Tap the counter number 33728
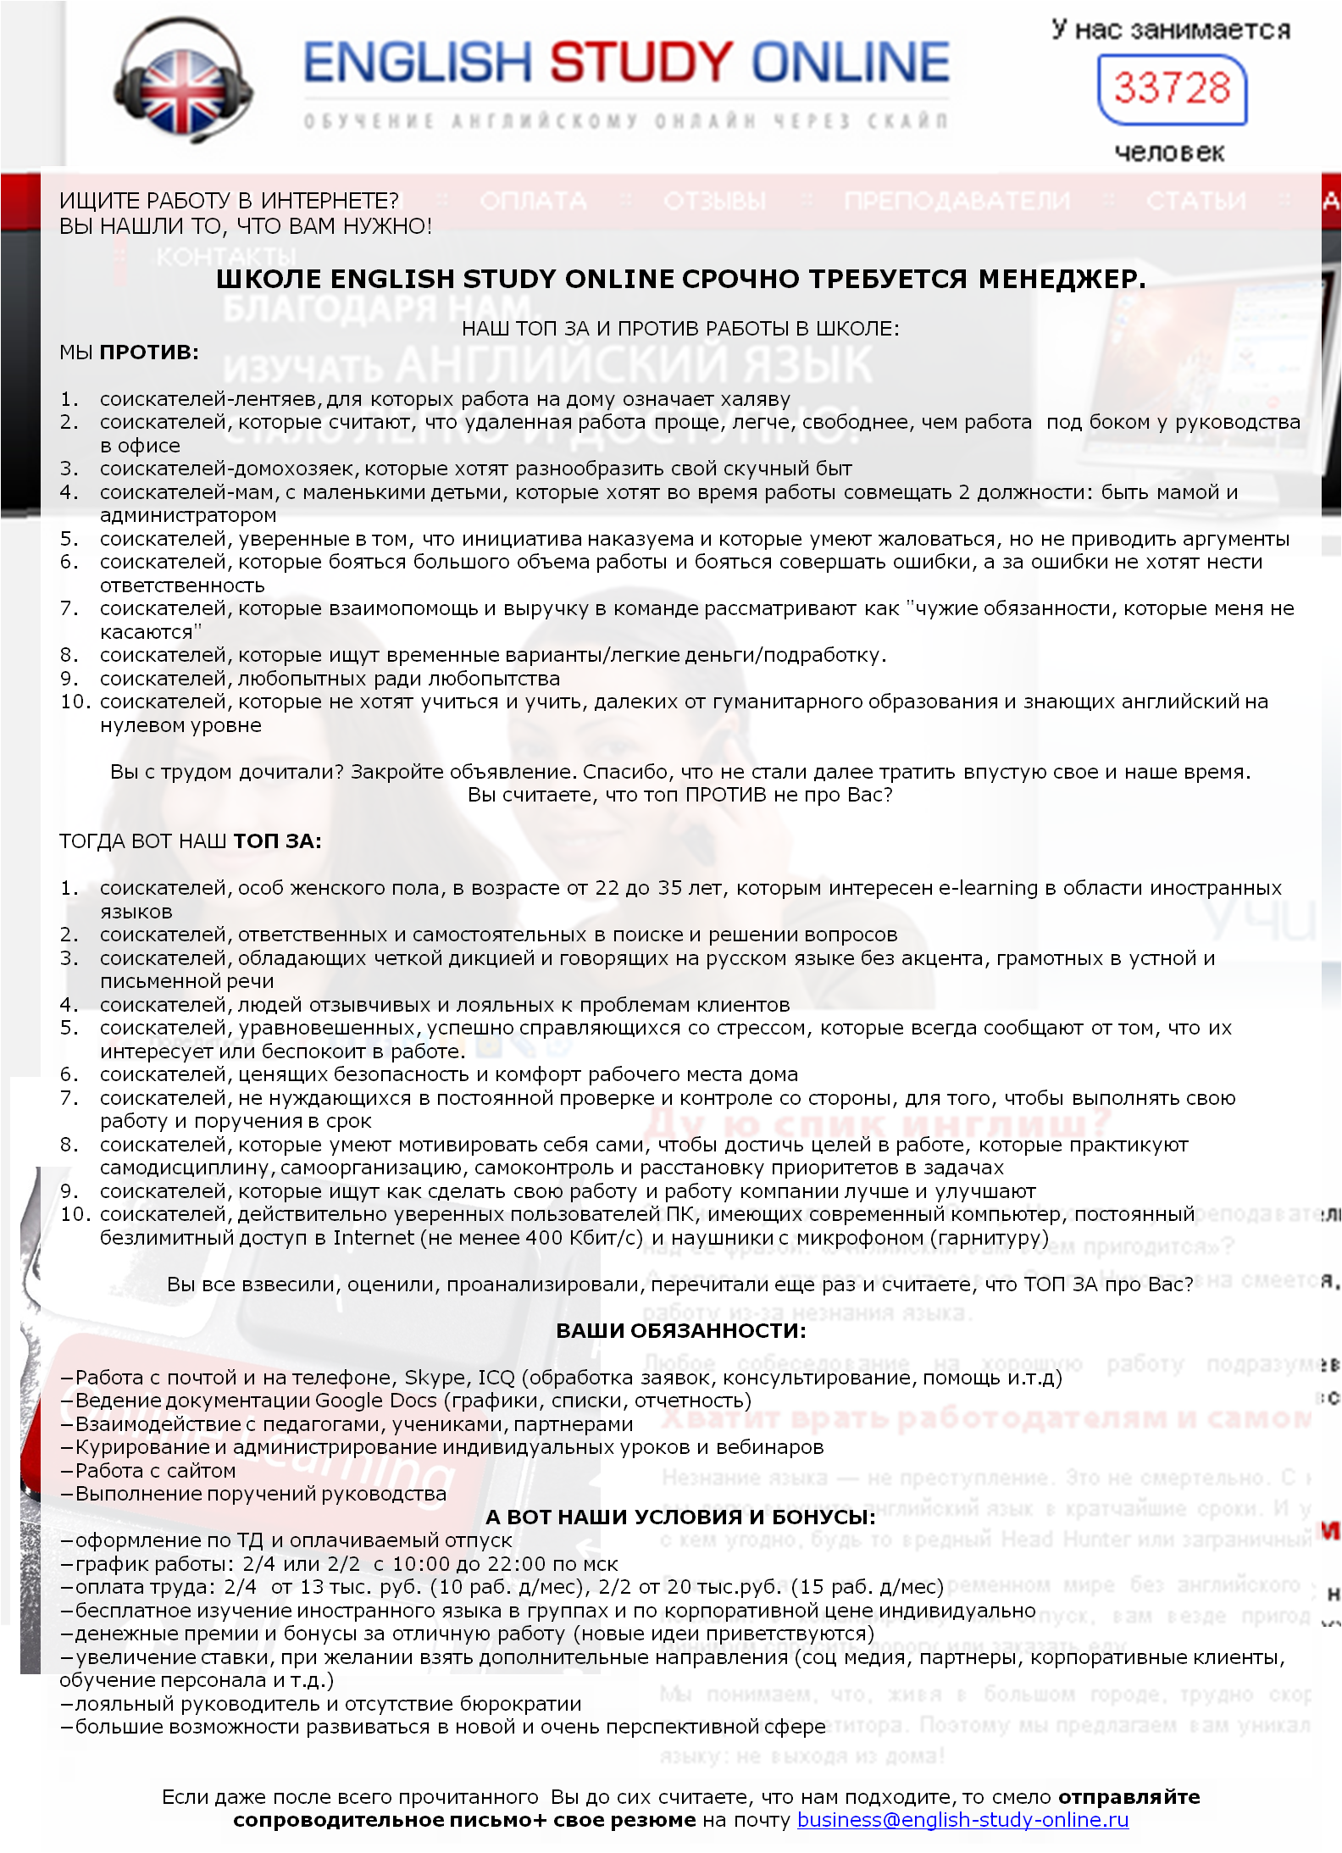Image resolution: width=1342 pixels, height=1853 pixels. pos(1172,88)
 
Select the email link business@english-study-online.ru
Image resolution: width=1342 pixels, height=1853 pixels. pos(962,1819)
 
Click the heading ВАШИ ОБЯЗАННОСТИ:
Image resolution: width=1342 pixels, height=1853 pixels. pos(681,1330)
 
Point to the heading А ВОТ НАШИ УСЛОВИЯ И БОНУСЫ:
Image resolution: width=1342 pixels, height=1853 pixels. pos(680,1517)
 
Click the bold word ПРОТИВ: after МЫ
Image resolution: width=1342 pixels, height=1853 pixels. pos(149,352)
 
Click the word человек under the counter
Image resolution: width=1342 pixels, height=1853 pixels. pos(1169,153)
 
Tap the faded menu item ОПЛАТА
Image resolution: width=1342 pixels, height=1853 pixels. pos(533,201)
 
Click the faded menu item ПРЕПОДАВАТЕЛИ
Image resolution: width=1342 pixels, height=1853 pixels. pos(957,201)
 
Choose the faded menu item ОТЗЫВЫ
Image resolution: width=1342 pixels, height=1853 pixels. pos(714,201)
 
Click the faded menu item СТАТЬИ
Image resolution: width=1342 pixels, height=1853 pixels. pos(1195,201)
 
